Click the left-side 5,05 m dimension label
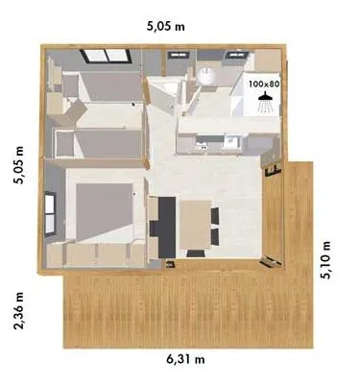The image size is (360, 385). (x=18, y=168)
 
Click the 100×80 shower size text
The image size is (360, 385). (x=263, y=84)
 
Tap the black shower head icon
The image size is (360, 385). (x=265, y=100)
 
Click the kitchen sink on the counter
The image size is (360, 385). (x=230, y=144)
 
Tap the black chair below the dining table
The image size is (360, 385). (x=196, y=253)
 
